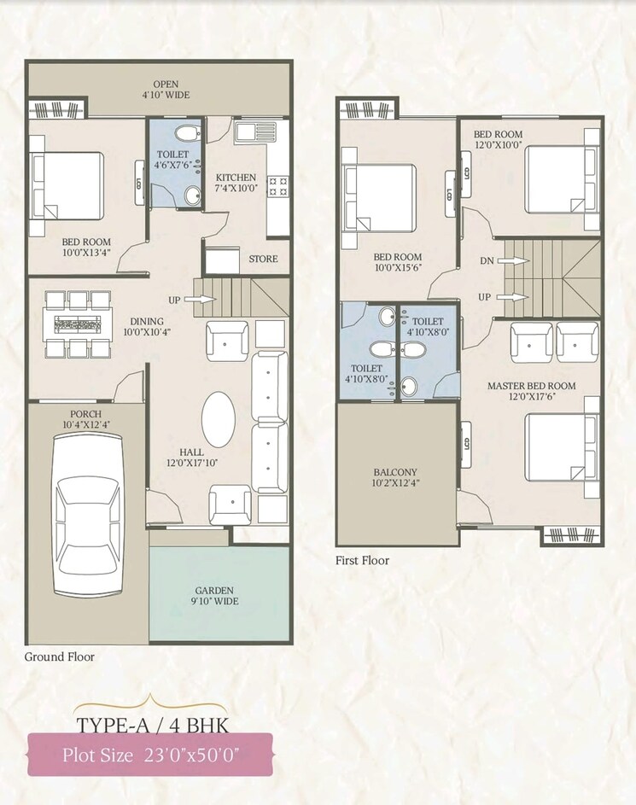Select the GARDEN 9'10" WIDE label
[213, 595]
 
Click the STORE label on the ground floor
[263, 259]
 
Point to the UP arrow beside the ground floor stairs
[201, 300]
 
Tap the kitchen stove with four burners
[277, 186]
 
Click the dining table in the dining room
[79, 324]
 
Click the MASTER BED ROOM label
[531, 386]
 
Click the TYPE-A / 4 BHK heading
[151, 727]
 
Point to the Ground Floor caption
[59, 656]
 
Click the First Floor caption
[363, 560]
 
